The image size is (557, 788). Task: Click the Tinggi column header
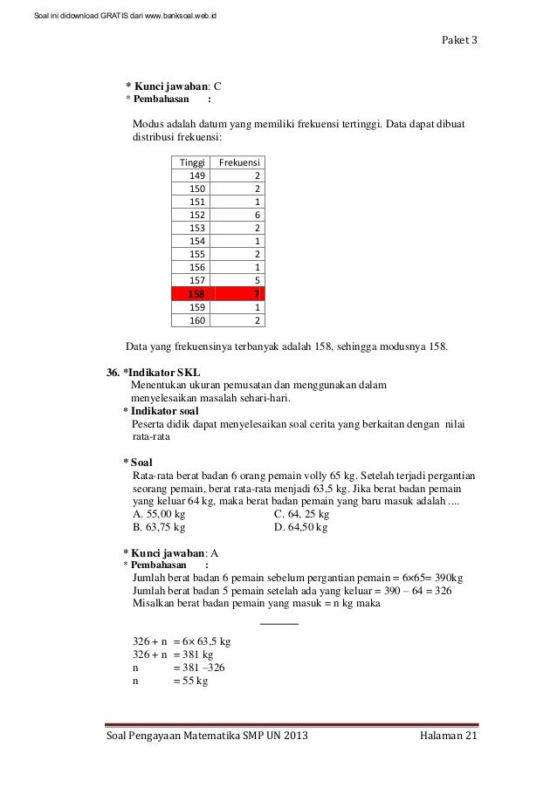pyautogui.click(x=189, y=162)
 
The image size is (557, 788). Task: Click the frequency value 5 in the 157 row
pyautogui.click(x=256, y=281)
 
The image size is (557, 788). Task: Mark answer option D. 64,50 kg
pyautogui.click(x=300, y=527)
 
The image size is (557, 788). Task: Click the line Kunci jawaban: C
pyautogui.click(x=174, y=86)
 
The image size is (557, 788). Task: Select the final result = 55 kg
pyautogui.click(x=190, y=682)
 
